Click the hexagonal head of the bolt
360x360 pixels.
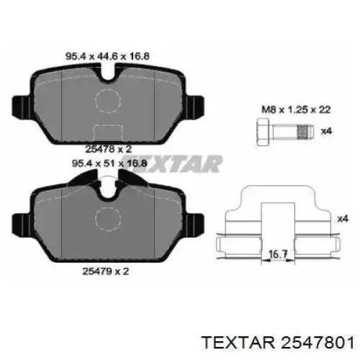click(x=261, y=131)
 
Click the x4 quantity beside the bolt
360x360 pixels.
click(x=326, y=131)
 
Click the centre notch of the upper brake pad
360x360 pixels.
click(x=110, y=72)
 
